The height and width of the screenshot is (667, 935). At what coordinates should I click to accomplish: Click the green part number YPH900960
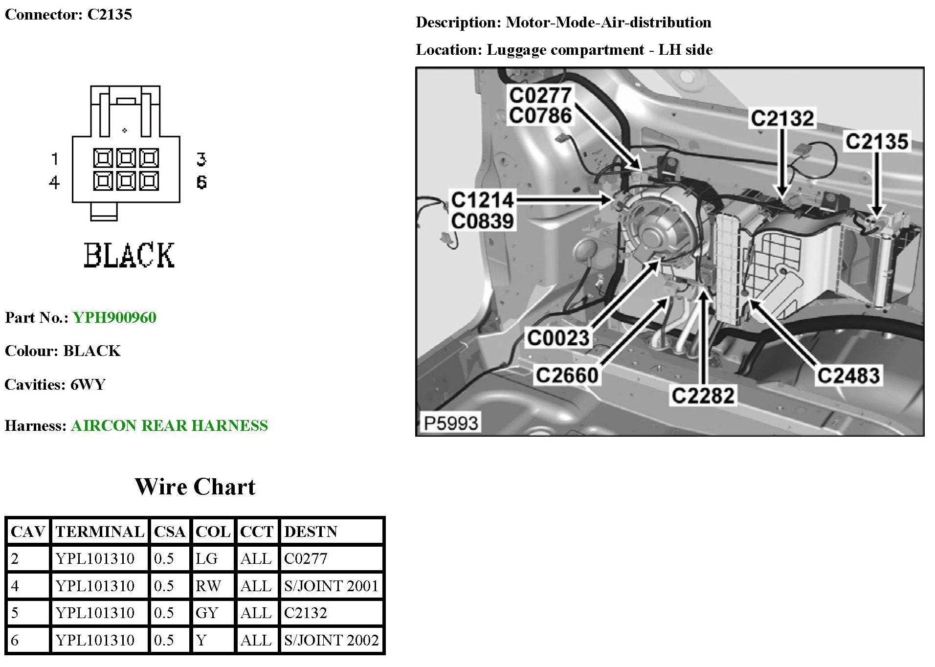click(x=114, y=317)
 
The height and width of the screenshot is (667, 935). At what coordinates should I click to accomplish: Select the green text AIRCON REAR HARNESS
click(x=169, y=425)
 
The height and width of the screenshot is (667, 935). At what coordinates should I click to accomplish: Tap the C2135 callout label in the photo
click(x=877, y=142)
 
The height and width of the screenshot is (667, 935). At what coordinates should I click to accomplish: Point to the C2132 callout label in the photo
click(x=782, y=118)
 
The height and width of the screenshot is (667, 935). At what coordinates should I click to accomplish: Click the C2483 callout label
click(x=848, y=376)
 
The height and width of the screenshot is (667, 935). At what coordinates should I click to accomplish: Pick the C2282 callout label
click(x=703, y=396)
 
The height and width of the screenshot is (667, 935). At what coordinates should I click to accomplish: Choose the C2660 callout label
click(x=567, y=375)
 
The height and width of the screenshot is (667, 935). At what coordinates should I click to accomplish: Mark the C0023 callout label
click(x=558, y=338)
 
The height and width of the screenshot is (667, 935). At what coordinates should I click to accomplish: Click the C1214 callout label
click(x=482, y=200)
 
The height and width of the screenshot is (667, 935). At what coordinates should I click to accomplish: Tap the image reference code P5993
click(x=450, y=423)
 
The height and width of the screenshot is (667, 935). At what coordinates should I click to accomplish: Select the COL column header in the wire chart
click(x=213, y=532)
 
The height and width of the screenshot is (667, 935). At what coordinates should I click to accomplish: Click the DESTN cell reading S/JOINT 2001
click(x=331, y=586)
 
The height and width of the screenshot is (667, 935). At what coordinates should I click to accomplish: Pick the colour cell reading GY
click(x=206, y=613)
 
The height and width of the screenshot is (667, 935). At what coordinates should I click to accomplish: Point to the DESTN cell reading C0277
click(x=306, y=558)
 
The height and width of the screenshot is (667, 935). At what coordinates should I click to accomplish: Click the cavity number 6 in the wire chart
click(x=15, y=640)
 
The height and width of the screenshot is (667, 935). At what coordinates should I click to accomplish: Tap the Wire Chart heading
click(x=195, y=487)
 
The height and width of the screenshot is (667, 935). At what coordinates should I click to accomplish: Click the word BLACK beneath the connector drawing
click(x=129, y=255)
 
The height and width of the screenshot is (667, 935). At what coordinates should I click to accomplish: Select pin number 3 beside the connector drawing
click(x=201, y=159)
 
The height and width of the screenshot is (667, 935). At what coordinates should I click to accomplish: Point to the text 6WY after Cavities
click(x=88, y=384)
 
